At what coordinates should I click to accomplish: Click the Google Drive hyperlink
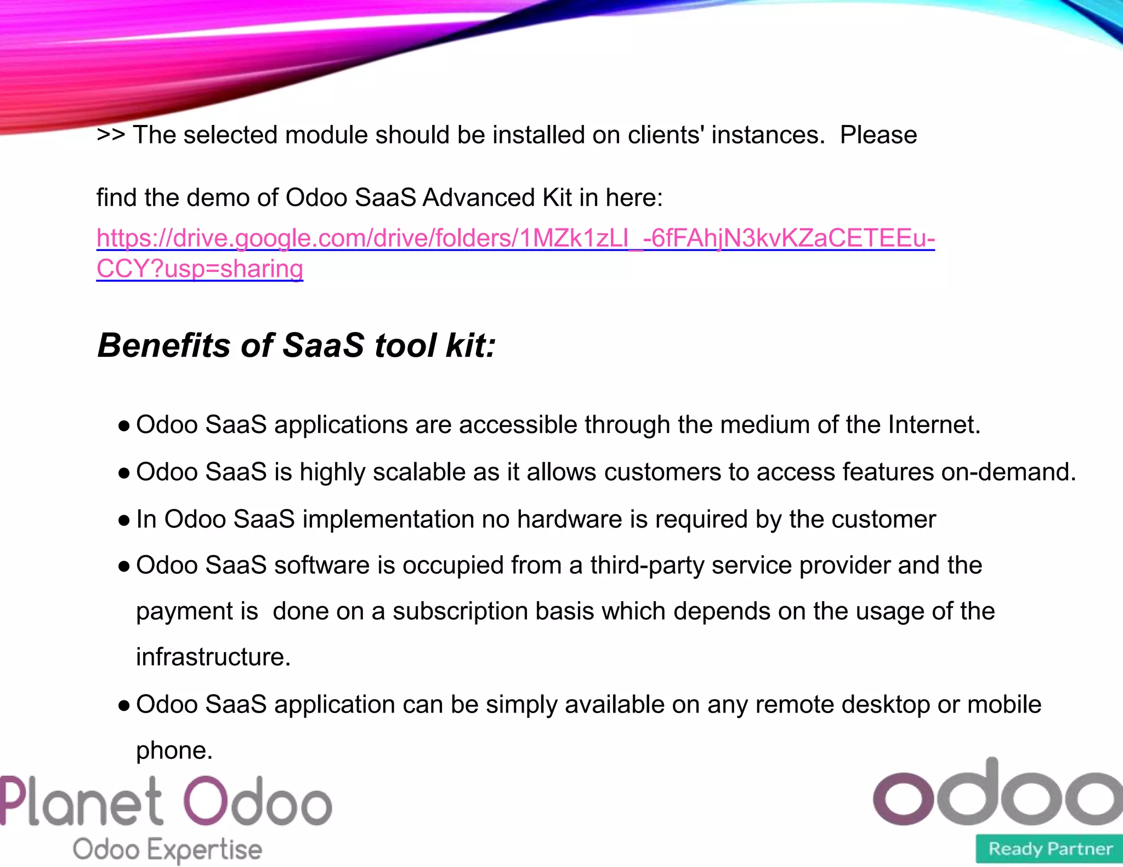click(515, 239)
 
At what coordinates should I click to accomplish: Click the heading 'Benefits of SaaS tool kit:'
click(297, 346)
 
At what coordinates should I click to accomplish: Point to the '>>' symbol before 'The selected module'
click(111, 135)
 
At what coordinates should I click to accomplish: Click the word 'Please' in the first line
click(878, 135)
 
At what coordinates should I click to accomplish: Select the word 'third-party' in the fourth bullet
click(647, 565)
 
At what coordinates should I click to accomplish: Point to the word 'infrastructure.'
click(213, 657)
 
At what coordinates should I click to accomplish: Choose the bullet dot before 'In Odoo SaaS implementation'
click(124, 520)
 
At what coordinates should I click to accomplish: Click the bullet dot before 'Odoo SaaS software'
click(124, 566)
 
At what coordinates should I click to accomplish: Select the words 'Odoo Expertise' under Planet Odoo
click(167, 849)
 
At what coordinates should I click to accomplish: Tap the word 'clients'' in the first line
click(666, 135)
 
